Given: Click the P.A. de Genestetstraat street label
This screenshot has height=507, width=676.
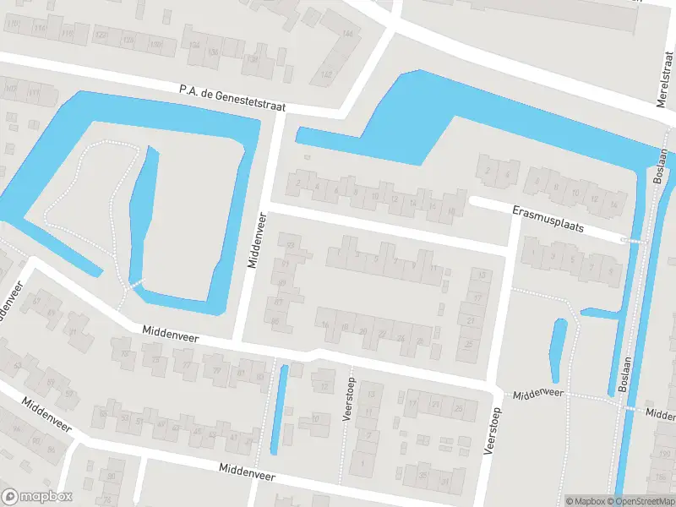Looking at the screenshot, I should [x=232, y=98].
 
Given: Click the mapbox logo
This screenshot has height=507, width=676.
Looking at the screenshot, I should [x=37, y=496].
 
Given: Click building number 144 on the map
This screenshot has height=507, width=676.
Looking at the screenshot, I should [x=347, y=35].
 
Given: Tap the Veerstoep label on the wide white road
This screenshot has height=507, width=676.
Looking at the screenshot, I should [x=489, y=431].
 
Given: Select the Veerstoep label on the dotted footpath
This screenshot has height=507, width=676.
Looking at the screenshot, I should [x=349, y=397].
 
